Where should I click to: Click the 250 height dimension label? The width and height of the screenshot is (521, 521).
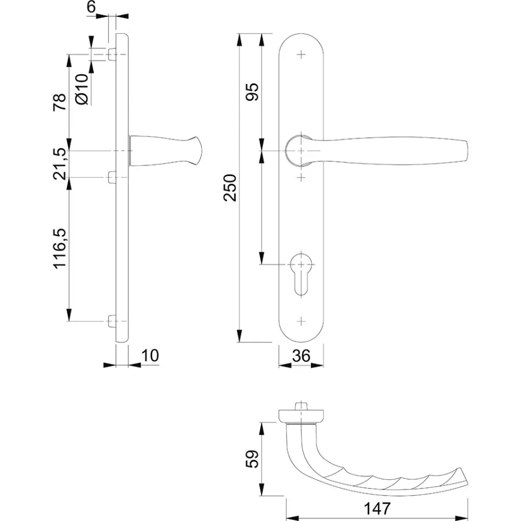click(x=230, y=188)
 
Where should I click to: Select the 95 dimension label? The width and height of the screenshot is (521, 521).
click(x=252, y=92)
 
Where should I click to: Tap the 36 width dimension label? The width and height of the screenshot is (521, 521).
click(x=301, y=356)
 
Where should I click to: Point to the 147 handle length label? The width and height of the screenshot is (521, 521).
click(x=377, y=509)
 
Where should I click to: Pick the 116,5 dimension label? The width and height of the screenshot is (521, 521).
click(x=60, y=249)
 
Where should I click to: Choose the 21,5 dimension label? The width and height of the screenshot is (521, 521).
click(x=60, y=164)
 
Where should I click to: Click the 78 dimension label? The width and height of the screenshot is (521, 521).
click(x=60, y=102)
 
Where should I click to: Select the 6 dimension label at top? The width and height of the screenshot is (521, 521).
click(x=91, y=6)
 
